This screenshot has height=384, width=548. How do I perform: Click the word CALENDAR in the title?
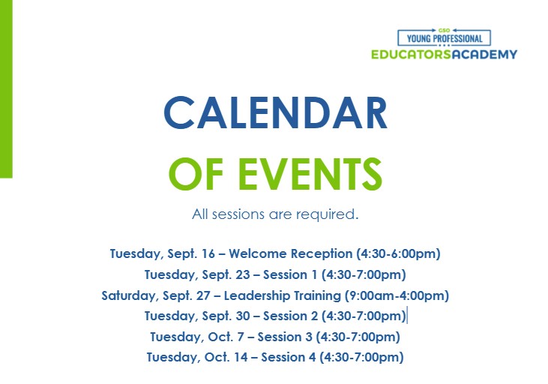(275, 112)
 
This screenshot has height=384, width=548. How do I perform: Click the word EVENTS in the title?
(310, 174)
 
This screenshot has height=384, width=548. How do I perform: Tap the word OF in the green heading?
(196, 174)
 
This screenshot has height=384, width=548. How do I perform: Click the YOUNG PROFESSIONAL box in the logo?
(445, 37)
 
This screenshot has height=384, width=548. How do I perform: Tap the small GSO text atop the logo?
(444, 31)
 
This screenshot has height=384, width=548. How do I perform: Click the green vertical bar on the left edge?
(6, 88)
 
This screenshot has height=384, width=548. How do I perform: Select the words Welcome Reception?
(290, 253)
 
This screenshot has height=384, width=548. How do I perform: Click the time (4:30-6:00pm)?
(398, 254)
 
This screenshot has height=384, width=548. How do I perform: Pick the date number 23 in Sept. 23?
(243, 274)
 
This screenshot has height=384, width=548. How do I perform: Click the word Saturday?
(130, 295)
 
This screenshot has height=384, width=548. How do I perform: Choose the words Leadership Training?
(282, 295)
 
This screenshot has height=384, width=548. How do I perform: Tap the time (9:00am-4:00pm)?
(397, 295)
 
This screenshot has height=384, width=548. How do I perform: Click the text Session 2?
(290, 316)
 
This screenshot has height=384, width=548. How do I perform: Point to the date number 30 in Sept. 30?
(243, 316)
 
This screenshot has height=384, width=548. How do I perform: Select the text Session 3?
(285, 337)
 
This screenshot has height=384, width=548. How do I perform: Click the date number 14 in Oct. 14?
(241, 357)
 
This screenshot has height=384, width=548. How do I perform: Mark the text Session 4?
(289, 357)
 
